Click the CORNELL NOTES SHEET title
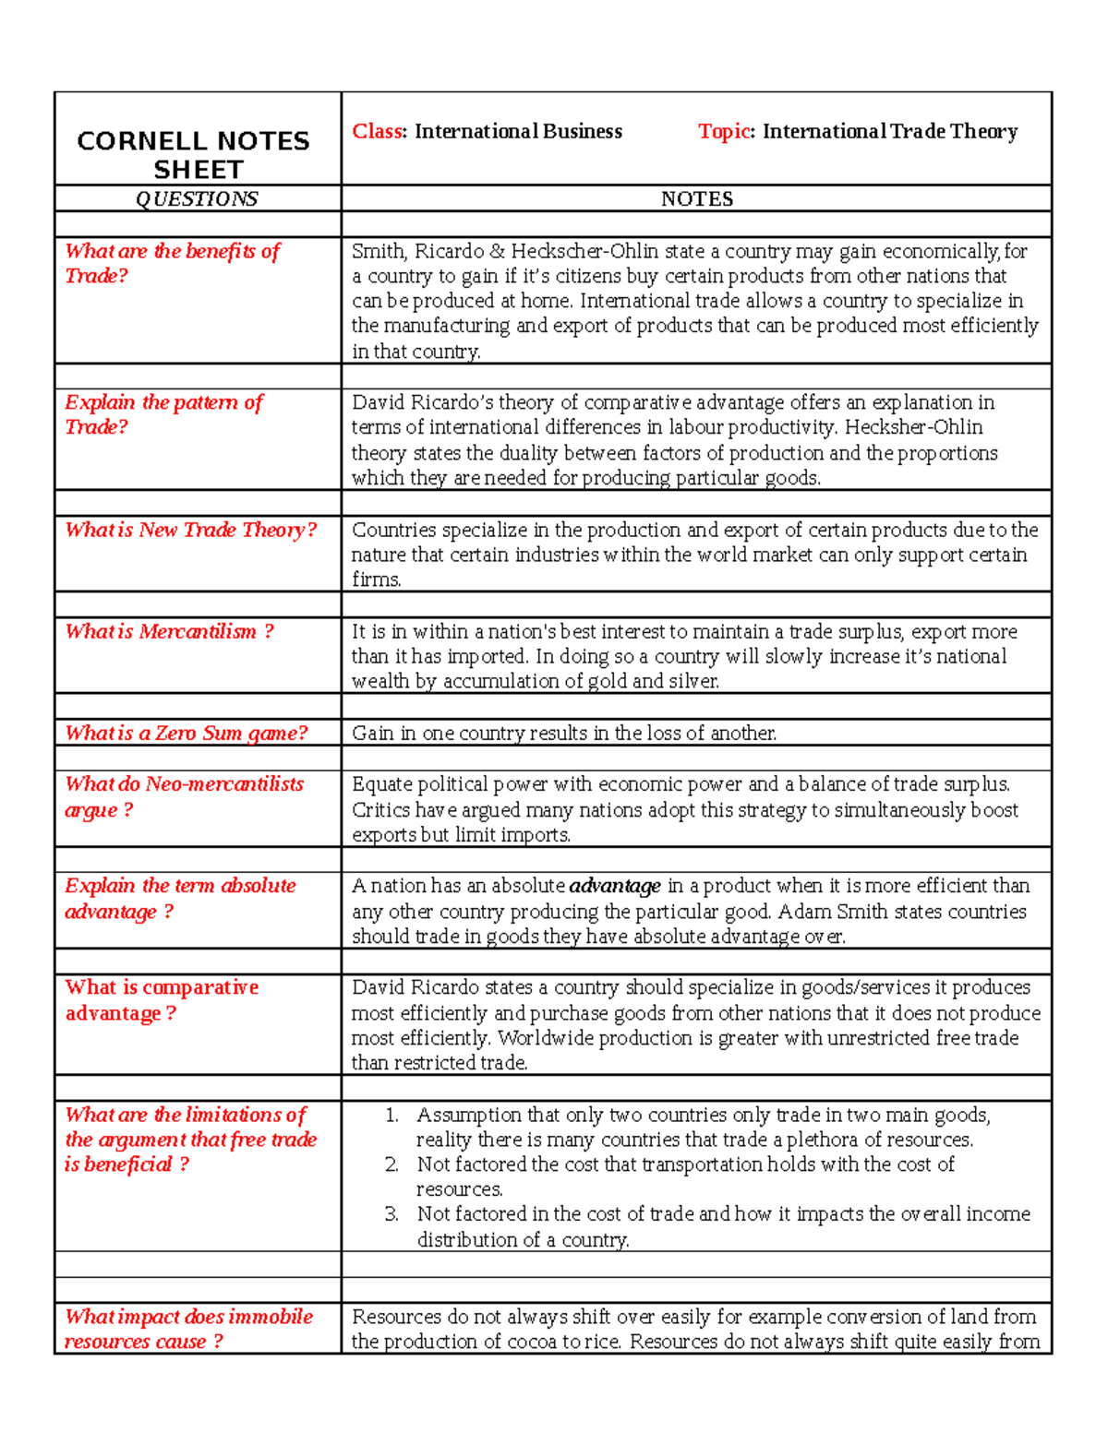click(193, 155)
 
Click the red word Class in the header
click(377, 131)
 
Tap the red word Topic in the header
click(724, 131)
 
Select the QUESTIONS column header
click(197, 199)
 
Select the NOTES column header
click(696, 199)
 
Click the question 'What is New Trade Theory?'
click(190, 530)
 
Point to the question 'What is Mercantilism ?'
click(169, 631)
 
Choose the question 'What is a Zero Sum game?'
click(186, 733)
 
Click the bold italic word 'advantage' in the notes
click(614, 886)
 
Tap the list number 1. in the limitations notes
click(391, 1115)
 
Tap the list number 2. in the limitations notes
click(391, 1164)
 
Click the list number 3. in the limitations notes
click(391, 1214)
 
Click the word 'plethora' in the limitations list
click(823, 1140)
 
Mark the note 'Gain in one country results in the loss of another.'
click(564, 733)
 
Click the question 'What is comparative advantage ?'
click(162, 1000)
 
